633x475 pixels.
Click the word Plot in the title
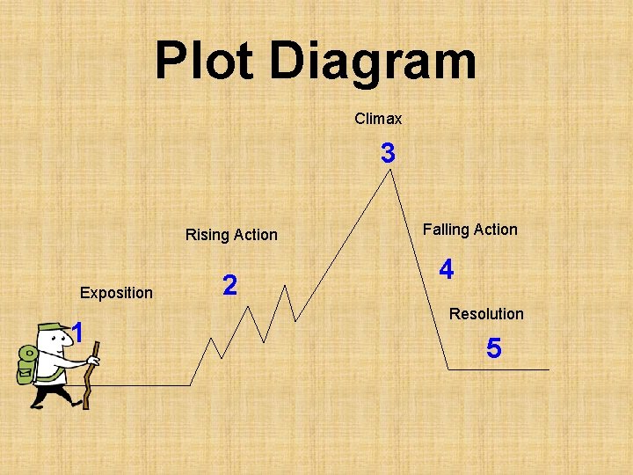[x=206, y=62]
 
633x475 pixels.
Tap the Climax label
[x=378, y=118]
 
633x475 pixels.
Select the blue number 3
[x=388, y=155]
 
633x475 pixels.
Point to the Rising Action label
[x=231, y=235]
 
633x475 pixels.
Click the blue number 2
[x=229, y=285]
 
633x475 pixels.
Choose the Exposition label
[x=116, y=293]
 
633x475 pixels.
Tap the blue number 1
[x=78, y=333]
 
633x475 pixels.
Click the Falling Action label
[x=469, y=230]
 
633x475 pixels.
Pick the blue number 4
[x=447, y=270]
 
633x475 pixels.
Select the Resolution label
[x=486, y=314]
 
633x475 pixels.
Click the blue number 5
[x=494, y=349]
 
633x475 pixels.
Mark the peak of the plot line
[x=391, y=171]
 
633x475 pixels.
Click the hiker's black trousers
[x=48, y=391]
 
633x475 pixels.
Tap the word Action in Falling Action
[x=495, y=230]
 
